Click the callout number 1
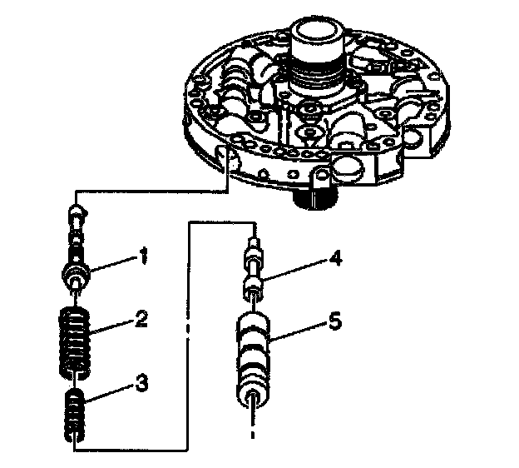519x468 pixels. (142, 258)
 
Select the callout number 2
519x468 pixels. (144, 319)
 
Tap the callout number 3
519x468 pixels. (143, 385)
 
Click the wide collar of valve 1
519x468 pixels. (77, 272)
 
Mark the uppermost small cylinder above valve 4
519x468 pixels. (254, 246)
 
